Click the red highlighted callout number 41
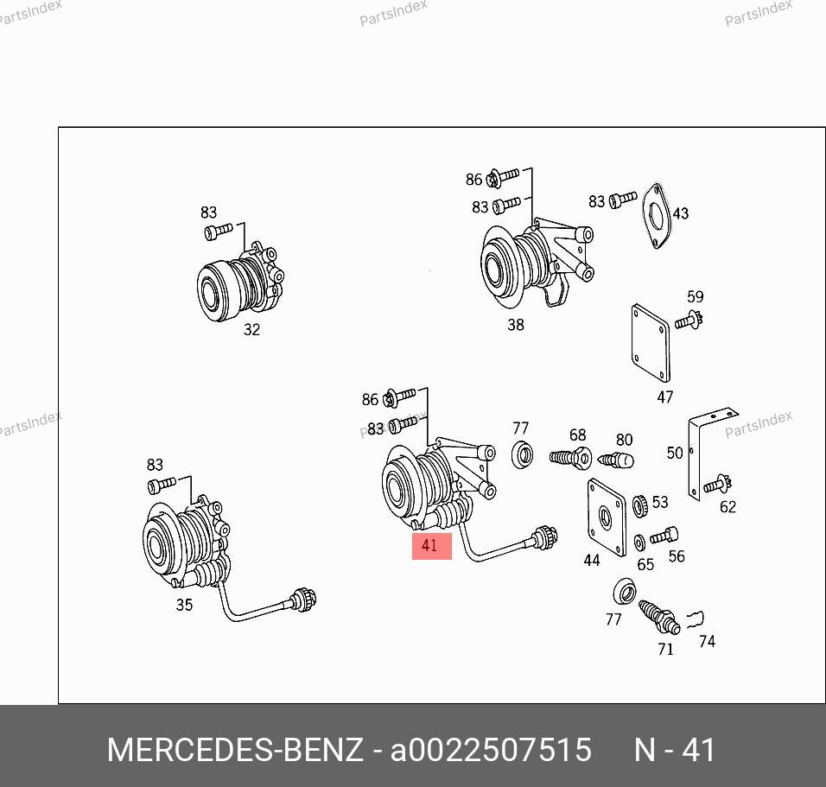click(429, 545)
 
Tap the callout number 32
click(251, 330)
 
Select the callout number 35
click(184, 605)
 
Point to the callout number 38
click(516, 325)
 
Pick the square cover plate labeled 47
click(651, 343)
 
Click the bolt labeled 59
click(689, 321)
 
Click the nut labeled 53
click(639, 506)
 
